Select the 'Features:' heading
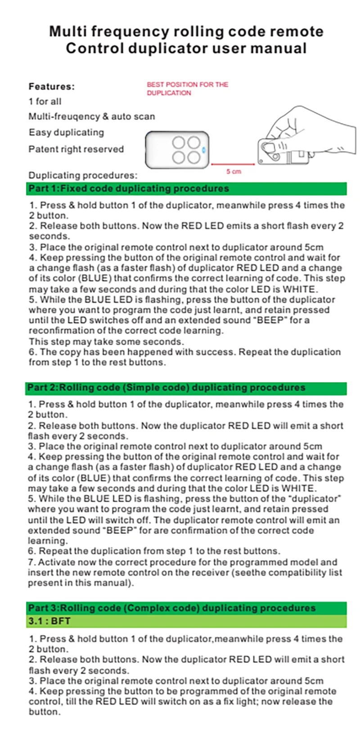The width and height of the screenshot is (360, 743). click(x=51, y=86)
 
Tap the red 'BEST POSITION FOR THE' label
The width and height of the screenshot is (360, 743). click(x=187, y=85)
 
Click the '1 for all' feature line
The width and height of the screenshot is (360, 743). click(x=45, y=102)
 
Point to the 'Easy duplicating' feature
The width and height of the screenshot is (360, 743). click(x=66, y=133)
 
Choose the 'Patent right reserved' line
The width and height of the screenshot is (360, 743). click(x=76, y=149)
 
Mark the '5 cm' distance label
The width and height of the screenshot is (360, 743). click(x=234, y=171)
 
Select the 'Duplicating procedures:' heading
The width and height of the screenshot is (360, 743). click(x=83, y=175)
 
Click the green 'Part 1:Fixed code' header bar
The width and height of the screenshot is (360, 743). click(x=186, y=188)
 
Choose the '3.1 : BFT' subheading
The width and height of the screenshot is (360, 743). click(x=49, y=621)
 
